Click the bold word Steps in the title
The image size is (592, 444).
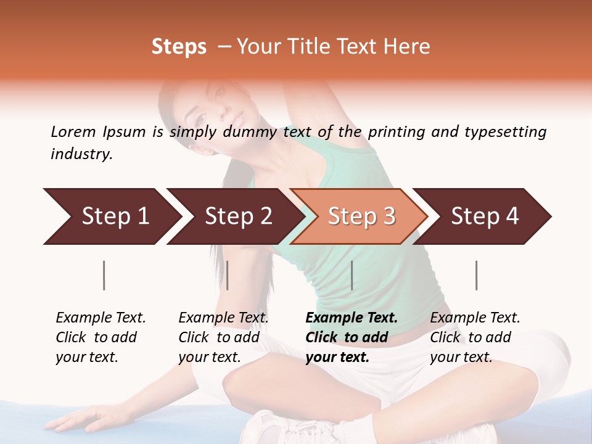[179, 47]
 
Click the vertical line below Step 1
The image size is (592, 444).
[104, 275]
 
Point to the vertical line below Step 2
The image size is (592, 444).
[228, 275]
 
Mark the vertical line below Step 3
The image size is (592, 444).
[351, 275]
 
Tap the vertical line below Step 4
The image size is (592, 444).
[476, 275]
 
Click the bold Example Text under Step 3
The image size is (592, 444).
[351, 318]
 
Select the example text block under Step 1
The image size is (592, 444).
[100, 337]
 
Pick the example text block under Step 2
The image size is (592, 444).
[223, 337]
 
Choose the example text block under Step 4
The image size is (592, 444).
[474, 337]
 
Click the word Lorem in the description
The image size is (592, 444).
[73, 132]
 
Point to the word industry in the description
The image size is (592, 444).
[81, 154]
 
